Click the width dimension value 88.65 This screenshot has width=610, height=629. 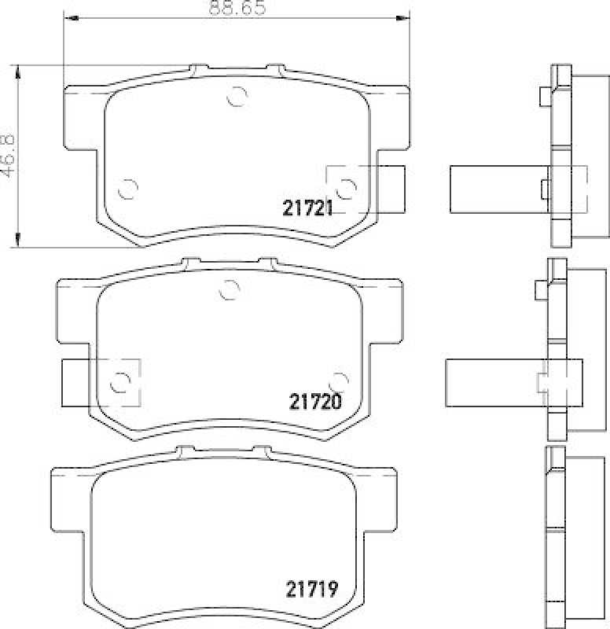(x=237, y=9)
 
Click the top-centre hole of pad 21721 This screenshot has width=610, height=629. (x=236, y=97)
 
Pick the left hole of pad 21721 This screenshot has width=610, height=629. (x=127, y=189)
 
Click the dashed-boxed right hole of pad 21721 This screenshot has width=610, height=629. (x=345, y=187)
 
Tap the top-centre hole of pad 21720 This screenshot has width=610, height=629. (x=228, y=290)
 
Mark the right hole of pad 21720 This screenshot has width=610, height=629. (x=338, y=381)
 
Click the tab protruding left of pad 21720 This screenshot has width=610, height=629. (x=79, y=383)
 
